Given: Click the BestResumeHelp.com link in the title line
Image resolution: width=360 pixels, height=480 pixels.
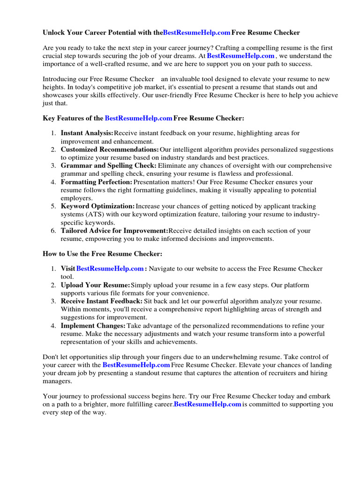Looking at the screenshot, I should pyautogui.click(x=196, y=33).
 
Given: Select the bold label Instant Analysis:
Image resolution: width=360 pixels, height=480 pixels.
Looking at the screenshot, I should pyautogui.click(x=87, y=133).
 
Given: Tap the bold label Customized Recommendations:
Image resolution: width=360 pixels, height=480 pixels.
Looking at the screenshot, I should pyautogui.click(x=110, y=150).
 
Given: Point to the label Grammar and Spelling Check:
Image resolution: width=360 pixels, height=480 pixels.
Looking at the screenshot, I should pyautogui.click(x=109, y=165).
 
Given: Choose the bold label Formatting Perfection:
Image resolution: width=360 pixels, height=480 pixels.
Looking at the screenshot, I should pyautogui.click(x=97, y=182).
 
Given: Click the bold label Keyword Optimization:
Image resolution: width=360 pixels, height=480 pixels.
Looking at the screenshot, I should pyautogui.click(x=97, y=206).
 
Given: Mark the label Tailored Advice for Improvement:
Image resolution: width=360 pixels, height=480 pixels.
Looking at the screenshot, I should pyautogui.click(x=114, y=231).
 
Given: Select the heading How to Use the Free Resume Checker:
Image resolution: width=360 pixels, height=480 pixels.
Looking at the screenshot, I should pyautogui.click(x=103, y=254).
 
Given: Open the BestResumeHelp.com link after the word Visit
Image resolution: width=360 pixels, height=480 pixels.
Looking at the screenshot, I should pyautogui.click(x=110, y=269).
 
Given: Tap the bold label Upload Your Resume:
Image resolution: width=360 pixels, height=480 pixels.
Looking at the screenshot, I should pyautogui.click(x=95, y=285).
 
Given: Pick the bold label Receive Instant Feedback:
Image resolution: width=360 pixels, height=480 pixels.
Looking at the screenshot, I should pyautogui.click(x=102, y=301).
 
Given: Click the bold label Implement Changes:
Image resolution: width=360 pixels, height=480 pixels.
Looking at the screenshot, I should pyautogui.click(x=93, y=325).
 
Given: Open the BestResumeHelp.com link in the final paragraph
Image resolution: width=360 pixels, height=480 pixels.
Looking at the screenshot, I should pyautogui.click(x=208, y=404).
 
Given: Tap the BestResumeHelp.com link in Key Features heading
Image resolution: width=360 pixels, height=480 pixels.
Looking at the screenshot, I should pyautogui.click(x=138, y=119).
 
